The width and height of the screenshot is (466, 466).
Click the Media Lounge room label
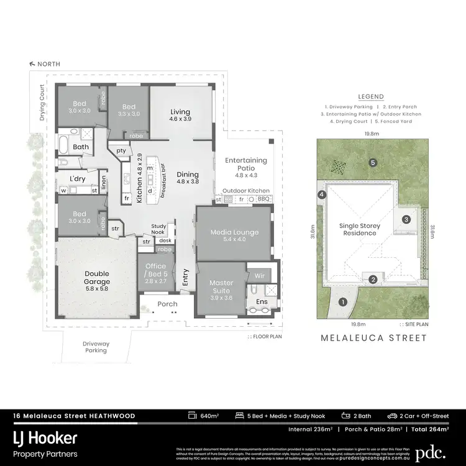(x=234, y=232)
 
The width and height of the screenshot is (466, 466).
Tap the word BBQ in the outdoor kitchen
(x=263, y=199)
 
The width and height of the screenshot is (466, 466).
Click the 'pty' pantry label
(x=121, y=150)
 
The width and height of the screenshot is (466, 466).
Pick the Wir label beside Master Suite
(x=260, y=274)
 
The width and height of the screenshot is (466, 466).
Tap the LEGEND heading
(x=371, y=97)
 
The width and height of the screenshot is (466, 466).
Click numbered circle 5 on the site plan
(x=373, y=163)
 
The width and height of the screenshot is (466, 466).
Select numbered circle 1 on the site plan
(x=342, y=303)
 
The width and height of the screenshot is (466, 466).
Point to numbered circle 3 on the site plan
(x=406, y=219)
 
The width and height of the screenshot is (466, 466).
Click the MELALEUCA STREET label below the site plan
(x=373, y=338)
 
